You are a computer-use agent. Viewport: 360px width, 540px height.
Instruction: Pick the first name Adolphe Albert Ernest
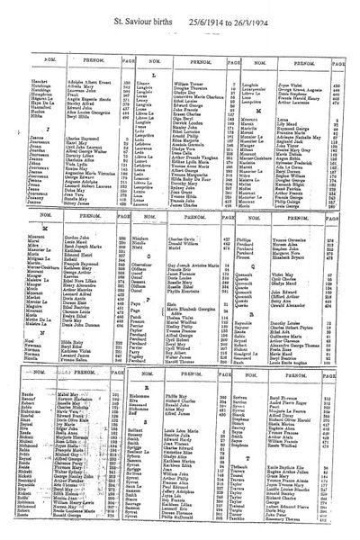pyautogui.click(x=73, y=58)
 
